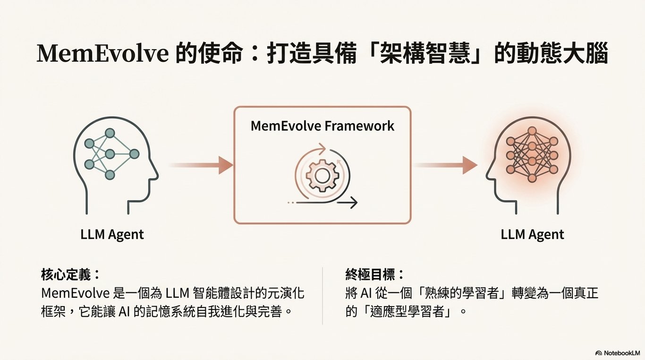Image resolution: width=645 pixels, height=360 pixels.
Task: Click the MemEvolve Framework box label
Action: [322, 126]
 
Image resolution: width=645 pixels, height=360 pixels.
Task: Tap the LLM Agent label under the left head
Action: [112, 234]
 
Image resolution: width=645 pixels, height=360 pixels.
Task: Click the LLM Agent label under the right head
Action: [532, 234]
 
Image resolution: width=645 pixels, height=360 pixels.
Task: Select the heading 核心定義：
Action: [71, 274]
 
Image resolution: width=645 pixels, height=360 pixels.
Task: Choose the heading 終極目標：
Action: [375, 274]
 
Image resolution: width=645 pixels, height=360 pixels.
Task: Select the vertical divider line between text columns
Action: [322, 295]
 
